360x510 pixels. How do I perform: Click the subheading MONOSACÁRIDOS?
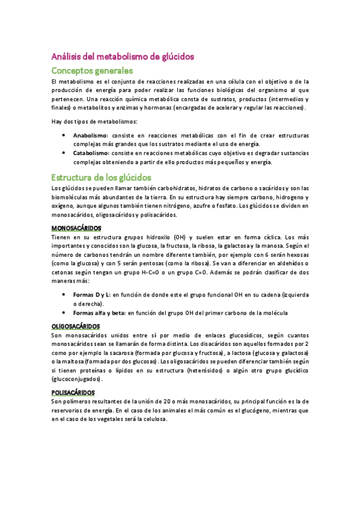76,228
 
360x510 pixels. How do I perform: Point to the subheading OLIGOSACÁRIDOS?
76,325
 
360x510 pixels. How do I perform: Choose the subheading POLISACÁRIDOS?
74,390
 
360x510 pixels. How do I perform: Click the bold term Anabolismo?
90,136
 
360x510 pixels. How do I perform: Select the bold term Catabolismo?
91,153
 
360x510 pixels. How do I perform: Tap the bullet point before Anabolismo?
64,136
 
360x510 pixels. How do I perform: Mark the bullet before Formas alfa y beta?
64,312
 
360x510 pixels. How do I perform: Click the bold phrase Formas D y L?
91,295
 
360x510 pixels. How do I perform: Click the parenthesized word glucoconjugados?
77,379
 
